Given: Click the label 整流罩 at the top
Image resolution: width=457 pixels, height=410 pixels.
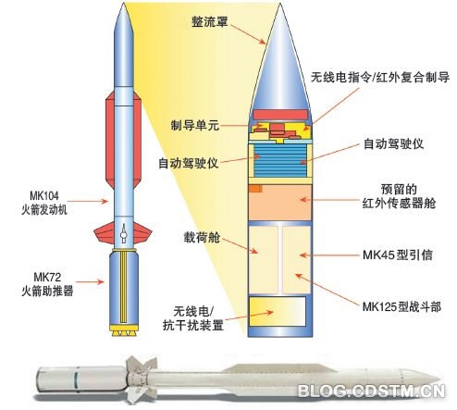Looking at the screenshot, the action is [210, 21].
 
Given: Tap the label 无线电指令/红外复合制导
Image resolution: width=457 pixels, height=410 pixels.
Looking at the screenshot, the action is [380, 77].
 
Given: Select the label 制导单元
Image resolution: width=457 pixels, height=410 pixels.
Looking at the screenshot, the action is [195, 126].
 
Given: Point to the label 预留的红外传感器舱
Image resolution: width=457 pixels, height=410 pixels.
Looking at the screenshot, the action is [399, 196].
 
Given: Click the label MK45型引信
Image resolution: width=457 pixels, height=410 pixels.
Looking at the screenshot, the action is [398, 255].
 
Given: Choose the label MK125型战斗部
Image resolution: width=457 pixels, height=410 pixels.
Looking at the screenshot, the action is [401, 307].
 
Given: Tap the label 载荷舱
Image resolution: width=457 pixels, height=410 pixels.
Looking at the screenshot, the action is [202, 237].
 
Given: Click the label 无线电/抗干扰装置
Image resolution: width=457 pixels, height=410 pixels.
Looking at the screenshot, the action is [193, 318].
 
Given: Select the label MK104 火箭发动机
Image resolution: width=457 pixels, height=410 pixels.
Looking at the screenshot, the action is [44, 203].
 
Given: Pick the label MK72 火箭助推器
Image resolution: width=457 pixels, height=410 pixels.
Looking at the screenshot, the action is [47, 284].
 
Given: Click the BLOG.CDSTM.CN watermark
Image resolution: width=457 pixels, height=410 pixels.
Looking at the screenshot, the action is [372, 391].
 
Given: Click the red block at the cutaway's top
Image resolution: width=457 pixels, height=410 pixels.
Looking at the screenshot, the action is [280, 115].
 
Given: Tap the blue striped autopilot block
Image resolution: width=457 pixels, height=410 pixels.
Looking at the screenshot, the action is [280, 161].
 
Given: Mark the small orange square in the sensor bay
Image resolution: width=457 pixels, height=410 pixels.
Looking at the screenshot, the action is [255, 189].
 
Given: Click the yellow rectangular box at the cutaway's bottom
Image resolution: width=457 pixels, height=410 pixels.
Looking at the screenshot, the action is [278, 311].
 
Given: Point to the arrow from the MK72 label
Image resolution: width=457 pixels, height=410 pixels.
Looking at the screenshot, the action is [90, 281].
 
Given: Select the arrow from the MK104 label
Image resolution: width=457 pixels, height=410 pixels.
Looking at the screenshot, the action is [87, 201].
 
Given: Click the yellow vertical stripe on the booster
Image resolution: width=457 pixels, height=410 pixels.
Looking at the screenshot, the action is [123, 287].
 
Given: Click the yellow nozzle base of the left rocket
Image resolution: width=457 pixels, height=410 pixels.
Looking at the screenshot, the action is [123, 330].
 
